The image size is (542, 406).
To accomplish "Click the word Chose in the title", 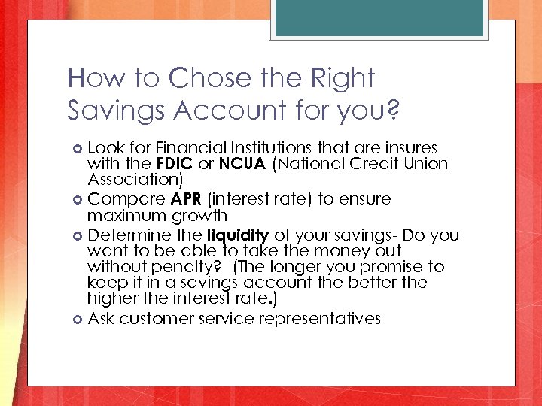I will click(x=209, y=77).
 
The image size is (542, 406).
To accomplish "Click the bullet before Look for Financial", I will click(x=79, y=148).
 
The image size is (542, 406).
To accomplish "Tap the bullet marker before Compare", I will click(x=79, y=200).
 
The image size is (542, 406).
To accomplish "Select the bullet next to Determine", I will click(x=79, y=235).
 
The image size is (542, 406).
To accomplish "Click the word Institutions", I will click(x=258, y=147).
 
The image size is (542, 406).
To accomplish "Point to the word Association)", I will click(x=134, y=180).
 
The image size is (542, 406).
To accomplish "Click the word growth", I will click(x=197, y=216).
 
